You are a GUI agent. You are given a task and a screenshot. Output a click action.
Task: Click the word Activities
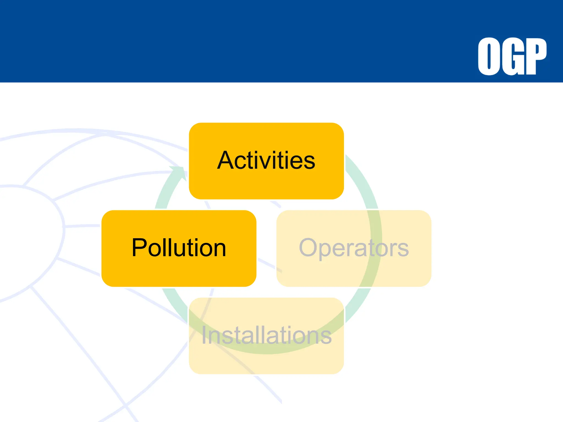(x=266, y=160)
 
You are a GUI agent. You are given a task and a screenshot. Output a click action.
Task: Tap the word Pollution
(x=179, y=248)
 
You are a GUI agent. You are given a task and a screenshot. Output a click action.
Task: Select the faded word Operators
(x=354, y=248)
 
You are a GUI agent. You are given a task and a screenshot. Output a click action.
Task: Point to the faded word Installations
(x=266, y=335)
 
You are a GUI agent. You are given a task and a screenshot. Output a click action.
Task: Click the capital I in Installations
(x=204, y=335)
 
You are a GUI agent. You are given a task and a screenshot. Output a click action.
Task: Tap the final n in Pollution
(x=219, y=250)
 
